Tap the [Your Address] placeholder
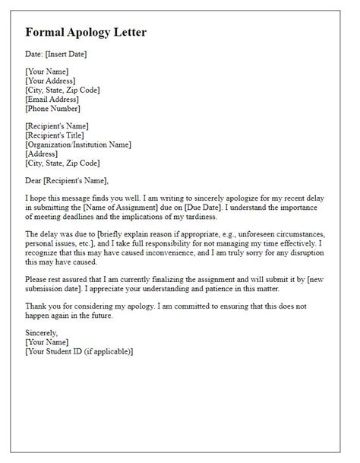(x=50, y=81)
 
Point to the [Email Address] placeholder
(x=53, y=99)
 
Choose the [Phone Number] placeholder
(x=53, y=108)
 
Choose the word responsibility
(x=169, y=243)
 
